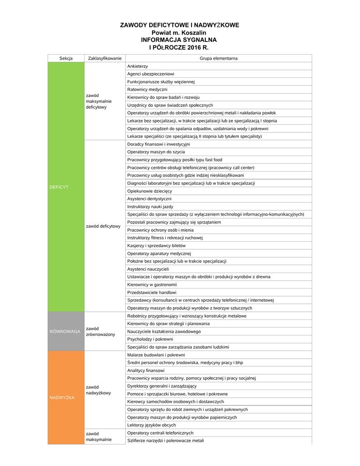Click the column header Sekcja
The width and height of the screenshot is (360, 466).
tap(66, 58)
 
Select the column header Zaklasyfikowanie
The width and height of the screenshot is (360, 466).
tap(105, 58)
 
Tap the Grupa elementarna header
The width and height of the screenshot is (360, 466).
tap(218, 58)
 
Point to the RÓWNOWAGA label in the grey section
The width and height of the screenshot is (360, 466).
tap(65, 331)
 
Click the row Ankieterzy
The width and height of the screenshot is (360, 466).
tap(137, 66)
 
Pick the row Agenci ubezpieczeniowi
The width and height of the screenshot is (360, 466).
tap(151, 74)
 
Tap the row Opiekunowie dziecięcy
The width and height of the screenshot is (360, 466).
tap(150, 191)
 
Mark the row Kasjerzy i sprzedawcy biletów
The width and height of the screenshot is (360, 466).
tap(156, 245)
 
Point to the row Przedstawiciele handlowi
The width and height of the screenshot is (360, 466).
tap(152, 292)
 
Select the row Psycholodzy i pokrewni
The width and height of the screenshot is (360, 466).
tap(150, 339)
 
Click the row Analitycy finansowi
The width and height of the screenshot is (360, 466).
tap(146, 370)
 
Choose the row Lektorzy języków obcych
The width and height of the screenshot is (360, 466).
tap(151, 425)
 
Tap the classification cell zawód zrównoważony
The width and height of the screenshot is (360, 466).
tap(101, 331)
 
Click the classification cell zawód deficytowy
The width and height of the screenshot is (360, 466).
tap(103, 226)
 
